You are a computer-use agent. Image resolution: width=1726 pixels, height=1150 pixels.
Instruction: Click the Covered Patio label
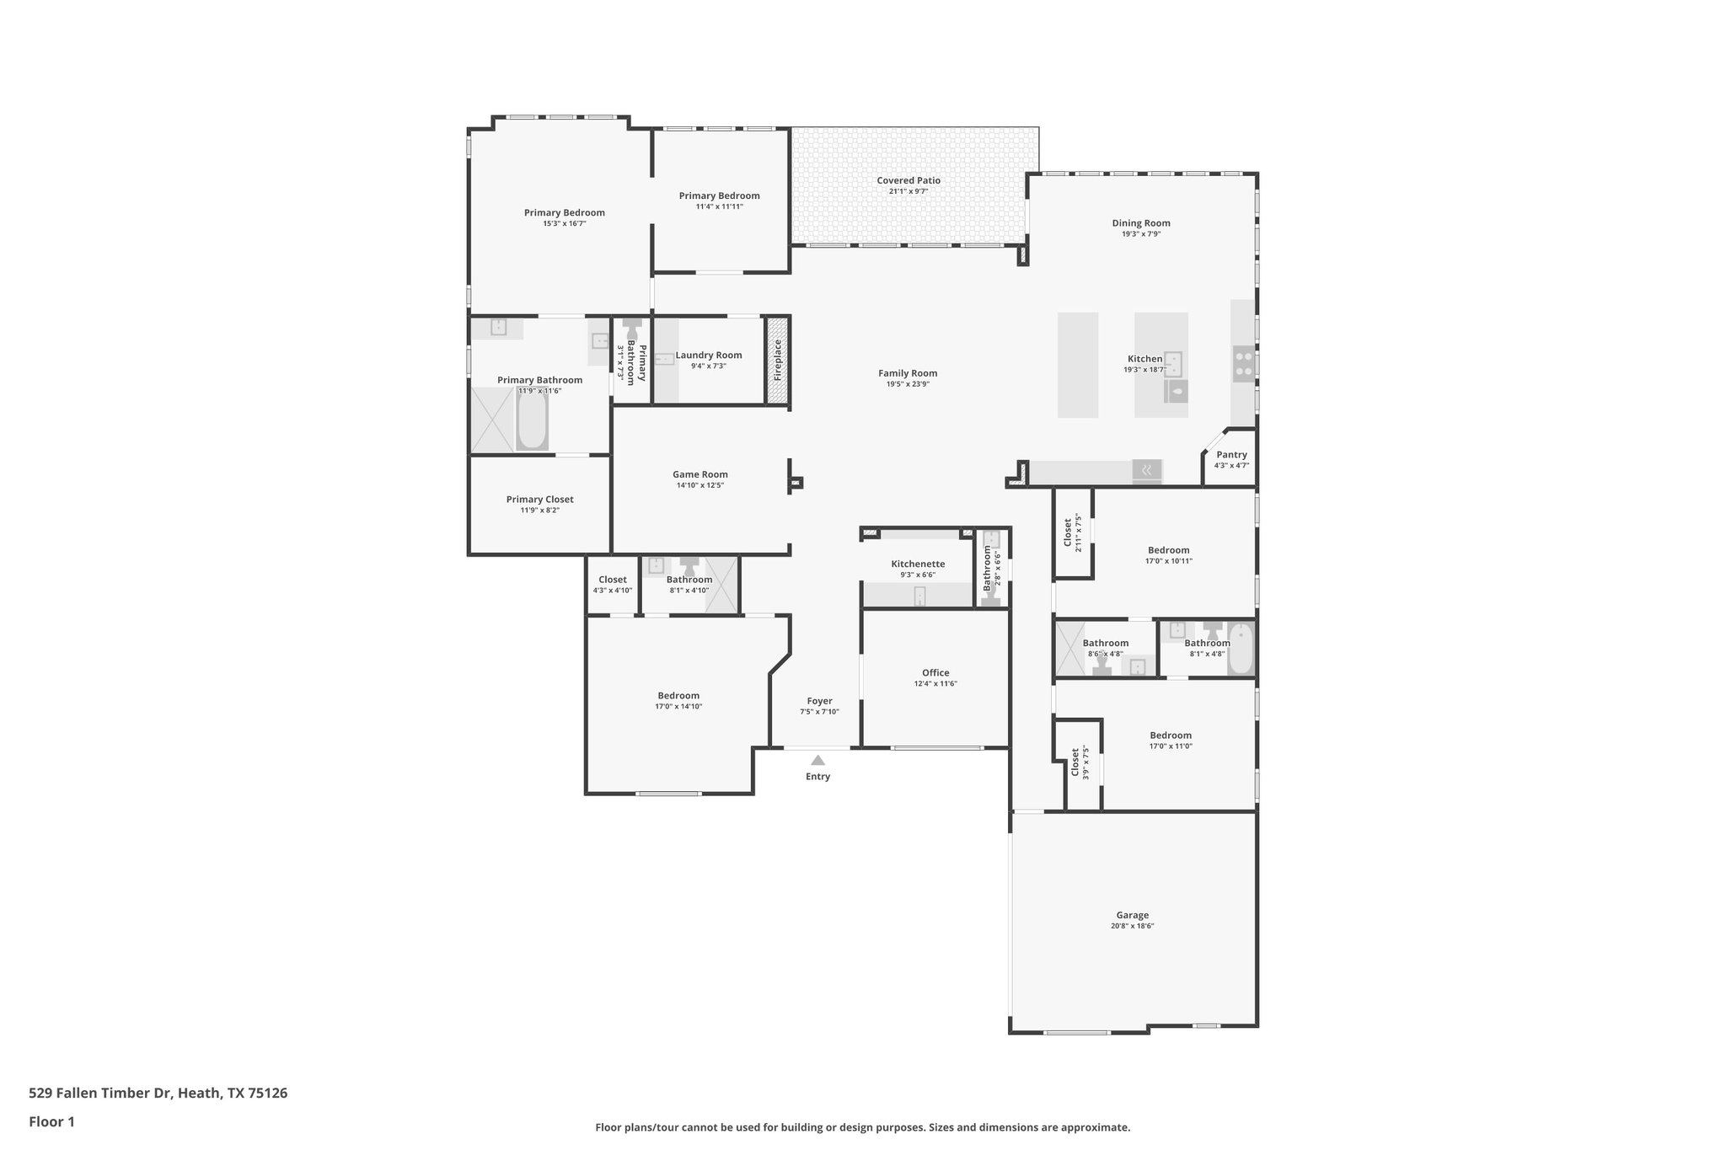pos(908,180)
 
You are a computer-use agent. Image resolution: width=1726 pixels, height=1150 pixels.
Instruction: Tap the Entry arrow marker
pos(817,760)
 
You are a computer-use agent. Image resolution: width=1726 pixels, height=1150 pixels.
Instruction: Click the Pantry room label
pos(1231,455)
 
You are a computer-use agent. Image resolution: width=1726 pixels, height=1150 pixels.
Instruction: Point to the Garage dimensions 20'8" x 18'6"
pos(1132,926)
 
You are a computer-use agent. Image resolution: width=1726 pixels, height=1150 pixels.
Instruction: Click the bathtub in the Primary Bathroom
pos(532,419)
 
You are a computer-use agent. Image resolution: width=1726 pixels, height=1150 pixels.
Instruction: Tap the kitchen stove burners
pos(1243,364)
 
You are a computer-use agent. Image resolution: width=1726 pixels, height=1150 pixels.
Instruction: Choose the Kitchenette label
pos(918,564)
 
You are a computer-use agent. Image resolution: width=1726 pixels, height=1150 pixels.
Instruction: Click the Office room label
pos(935,672)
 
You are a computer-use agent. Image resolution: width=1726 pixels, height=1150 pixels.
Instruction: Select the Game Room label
pos(700,474)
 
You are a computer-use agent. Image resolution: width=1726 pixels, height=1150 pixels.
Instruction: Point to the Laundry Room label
pos(708,356)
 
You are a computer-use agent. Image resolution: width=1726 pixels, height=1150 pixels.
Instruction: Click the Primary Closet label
pos(539,500)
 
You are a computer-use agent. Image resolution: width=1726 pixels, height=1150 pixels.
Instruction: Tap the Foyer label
pos(819,701)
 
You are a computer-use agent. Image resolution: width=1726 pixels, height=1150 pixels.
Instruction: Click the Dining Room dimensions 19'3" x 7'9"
pos(1141,234)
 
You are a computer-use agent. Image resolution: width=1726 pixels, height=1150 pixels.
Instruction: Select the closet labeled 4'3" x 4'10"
pos(613,585)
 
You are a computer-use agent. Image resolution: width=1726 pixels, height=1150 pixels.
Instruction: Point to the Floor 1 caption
pos(51,1122)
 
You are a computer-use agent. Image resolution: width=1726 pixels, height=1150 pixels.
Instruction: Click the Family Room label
pos(908,373)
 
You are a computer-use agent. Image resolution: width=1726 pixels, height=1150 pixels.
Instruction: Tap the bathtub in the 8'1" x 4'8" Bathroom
pos(1240,649)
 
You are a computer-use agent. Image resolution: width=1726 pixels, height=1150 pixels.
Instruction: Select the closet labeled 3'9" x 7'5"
pos(1080,762)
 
